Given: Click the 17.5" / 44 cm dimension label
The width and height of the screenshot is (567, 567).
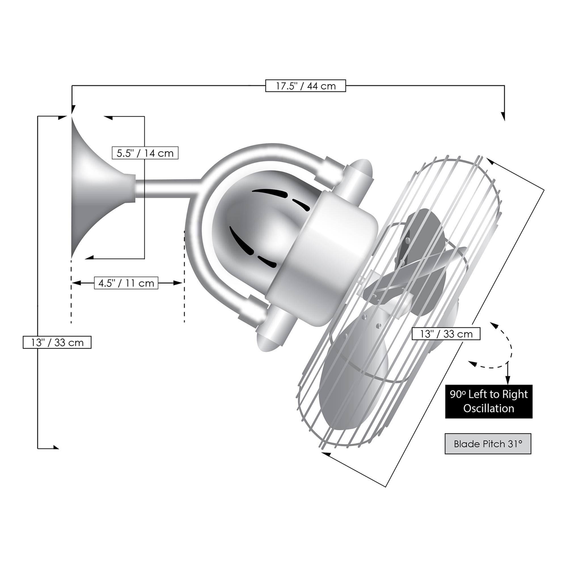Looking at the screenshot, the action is tap(306, 86).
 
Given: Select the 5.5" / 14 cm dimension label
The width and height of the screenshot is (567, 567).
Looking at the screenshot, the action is tap(145, 153).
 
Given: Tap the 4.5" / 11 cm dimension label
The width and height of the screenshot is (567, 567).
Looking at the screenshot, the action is tap(126, 283).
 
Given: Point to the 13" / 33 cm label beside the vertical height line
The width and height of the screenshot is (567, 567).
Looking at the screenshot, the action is tap(57, 342).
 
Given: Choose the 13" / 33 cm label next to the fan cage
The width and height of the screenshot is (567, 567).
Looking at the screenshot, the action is tap(446, 334).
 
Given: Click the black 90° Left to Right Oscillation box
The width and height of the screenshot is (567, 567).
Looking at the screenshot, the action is tap(489, 401).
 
